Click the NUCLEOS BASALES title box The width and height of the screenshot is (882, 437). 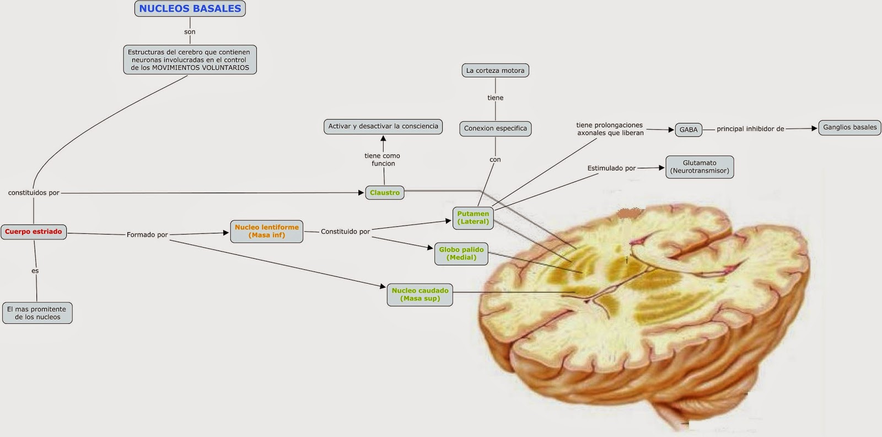click(x=190, y=9)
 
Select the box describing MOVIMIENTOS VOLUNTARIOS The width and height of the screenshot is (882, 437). click(x=190, y=60)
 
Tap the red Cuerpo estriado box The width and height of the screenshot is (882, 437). click(x=34, y=232)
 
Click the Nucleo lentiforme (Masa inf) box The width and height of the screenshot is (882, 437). click(x=266, y=231)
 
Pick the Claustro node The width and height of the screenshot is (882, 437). click(x=384, y=193)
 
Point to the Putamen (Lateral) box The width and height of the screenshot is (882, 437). click(x=472, y=217)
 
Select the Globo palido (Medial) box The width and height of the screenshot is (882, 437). click(x=461, y=253)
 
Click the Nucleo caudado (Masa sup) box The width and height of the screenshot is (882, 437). click(x=420, y=295)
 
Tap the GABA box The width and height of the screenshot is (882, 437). click(x=688, y=130)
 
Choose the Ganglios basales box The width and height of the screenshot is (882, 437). click(x=849, y=127)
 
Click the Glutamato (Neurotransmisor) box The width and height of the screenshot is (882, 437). click(x=699, y=167)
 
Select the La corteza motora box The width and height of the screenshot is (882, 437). click(x=495, y=71)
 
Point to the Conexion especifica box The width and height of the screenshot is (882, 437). click(x=495, y=129)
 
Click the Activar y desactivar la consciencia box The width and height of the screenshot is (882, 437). click(x=383, y=126)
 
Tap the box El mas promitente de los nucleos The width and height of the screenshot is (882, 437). click(x=37, y=313)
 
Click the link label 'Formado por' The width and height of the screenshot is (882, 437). click(x=147, y=235)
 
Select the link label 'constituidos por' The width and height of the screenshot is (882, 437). click(x=34, y=193)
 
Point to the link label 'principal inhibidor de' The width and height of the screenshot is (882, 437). click(x=750, y=129)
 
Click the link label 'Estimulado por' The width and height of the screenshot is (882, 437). click(x=611, y=168)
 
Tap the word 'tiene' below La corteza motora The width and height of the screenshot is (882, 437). click(x=495, y=98)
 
